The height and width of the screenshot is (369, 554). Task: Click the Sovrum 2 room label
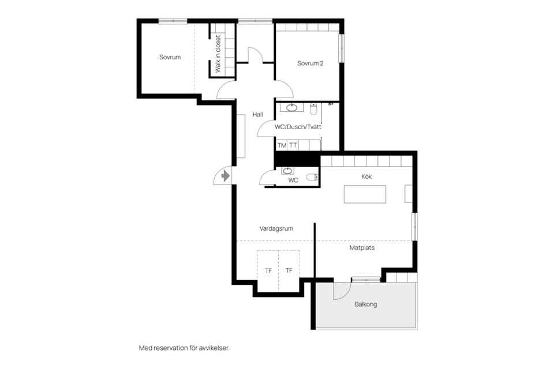[x=310, y=63]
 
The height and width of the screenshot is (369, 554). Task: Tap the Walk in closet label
[x=218, y=54]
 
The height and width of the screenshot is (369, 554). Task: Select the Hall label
[x=257, y=114]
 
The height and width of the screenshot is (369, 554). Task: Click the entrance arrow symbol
[x=225, y=175]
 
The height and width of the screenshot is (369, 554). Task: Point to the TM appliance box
[x=282, y=145]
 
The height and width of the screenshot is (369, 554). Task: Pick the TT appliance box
[x=293, y=145]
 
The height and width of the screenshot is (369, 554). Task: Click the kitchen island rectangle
[x=365, y=194]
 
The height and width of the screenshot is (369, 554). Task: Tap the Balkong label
[x=366, y=304]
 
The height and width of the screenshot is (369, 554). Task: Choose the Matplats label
[x=362, y=248]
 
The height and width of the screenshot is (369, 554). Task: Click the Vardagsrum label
[x=276, y=228]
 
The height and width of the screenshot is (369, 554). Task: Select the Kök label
[x=366, y=176]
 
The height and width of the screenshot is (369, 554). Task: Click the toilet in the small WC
[x=312, y=177]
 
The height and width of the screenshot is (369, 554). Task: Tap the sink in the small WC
[x=287, y=171]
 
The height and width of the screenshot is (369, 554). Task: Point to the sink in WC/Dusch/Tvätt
[x=292, y=108]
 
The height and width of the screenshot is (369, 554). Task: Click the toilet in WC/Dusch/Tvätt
[x=313, y=110]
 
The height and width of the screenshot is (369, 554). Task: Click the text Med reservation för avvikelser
[x=184, y=348]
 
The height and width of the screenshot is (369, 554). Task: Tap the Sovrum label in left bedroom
[x=170, y=57]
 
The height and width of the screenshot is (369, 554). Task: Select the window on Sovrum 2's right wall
[x=342, y=48]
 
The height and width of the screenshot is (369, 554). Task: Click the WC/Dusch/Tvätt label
[x=298, y=127]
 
